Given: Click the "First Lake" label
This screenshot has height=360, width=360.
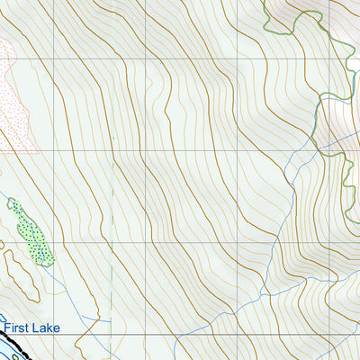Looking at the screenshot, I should [x=31, y=328].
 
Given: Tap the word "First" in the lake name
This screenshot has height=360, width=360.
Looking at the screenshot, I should [x=17, y=328].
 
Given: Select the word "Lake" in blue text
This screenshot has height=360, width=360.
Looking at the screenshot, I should [x=45, y=328].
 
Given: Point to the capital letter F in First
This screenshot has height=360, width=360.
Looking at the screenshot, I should [x=5, y=328].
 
